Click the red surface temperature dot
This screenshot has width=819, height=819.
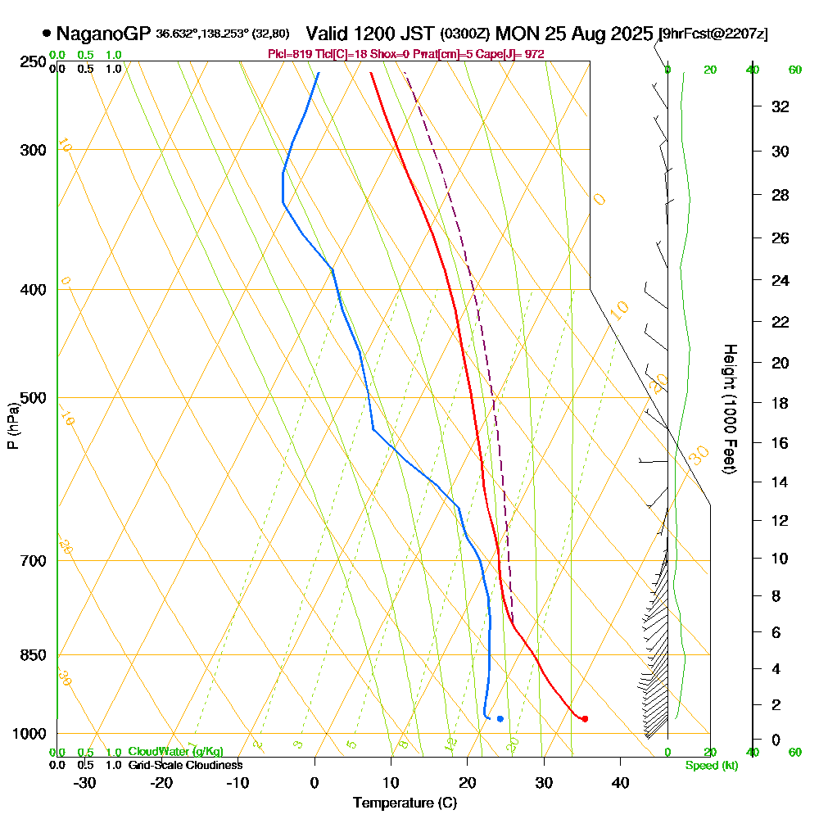tap(584, 719)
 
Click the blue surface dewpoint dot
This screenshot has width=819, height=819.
tap(500, 719)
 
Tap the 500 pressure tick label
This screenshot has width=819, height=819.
tap(30, 398)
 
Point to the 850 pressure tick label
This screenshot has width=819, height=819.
tap(30, 655)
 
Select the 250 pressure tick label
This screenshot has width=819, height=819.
tap(30, 61)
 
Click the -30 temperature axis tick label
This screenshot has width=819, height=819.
tap(84, 782)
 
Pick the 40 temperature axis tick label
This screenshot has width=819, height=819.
tap(620, 782)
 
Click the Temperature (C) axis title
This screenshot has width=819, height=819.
tap(405, 803)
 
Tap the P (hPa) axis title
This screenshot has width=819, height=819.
tap(12, 425)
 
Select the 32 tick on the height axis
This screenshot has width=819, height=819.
tap(781, 106)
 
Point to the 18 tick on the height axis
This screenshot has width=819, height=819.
tap(781, 403)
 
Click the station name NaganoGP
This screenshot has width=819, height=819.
tap(104, 34)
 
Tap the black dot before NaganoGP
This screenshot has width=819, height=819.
tap(47, 34)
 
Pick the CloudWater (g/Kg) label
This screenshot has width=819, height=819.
tap(175, 752)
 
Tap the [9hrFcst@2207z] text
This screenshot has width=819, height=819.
tap(714, 34)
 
